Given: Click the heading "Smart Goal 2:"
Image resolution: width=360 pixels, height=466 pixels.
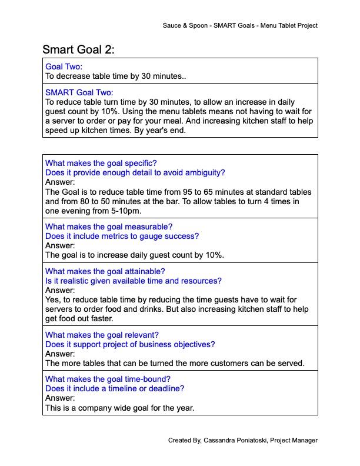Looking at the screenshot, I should pyautogui.click(x=79, y=50).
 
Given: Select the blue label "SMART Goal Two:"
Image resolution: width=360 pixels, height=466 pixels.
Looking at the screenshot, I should pyautogui.click(x=79, y=92).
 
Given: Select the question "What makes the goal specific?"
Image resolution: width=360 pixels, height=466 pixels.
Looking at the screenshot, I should pyautogui.click(x=101, y=163).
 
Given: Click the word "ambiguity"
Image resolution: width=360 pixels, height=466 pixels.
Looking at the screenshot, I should pyautogui.click(x=206, y=172).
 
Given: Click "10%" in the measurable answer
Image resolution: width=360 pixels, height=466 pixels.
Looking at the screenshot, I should pyautogui.click(x=215, y=255).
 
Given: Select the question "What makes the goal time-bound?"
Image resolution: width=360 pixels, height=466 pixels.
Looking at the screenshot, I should pyautogui.click(x=108, y=380).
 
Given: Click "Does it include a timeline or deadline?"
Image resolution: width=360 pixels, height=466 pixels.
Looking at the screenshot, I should pyautogui.click(x=115, y=389).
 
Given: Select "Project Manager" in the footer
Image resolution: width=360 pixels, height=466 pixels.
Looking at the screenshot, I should pyautogui.click(x=295, y=440).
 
